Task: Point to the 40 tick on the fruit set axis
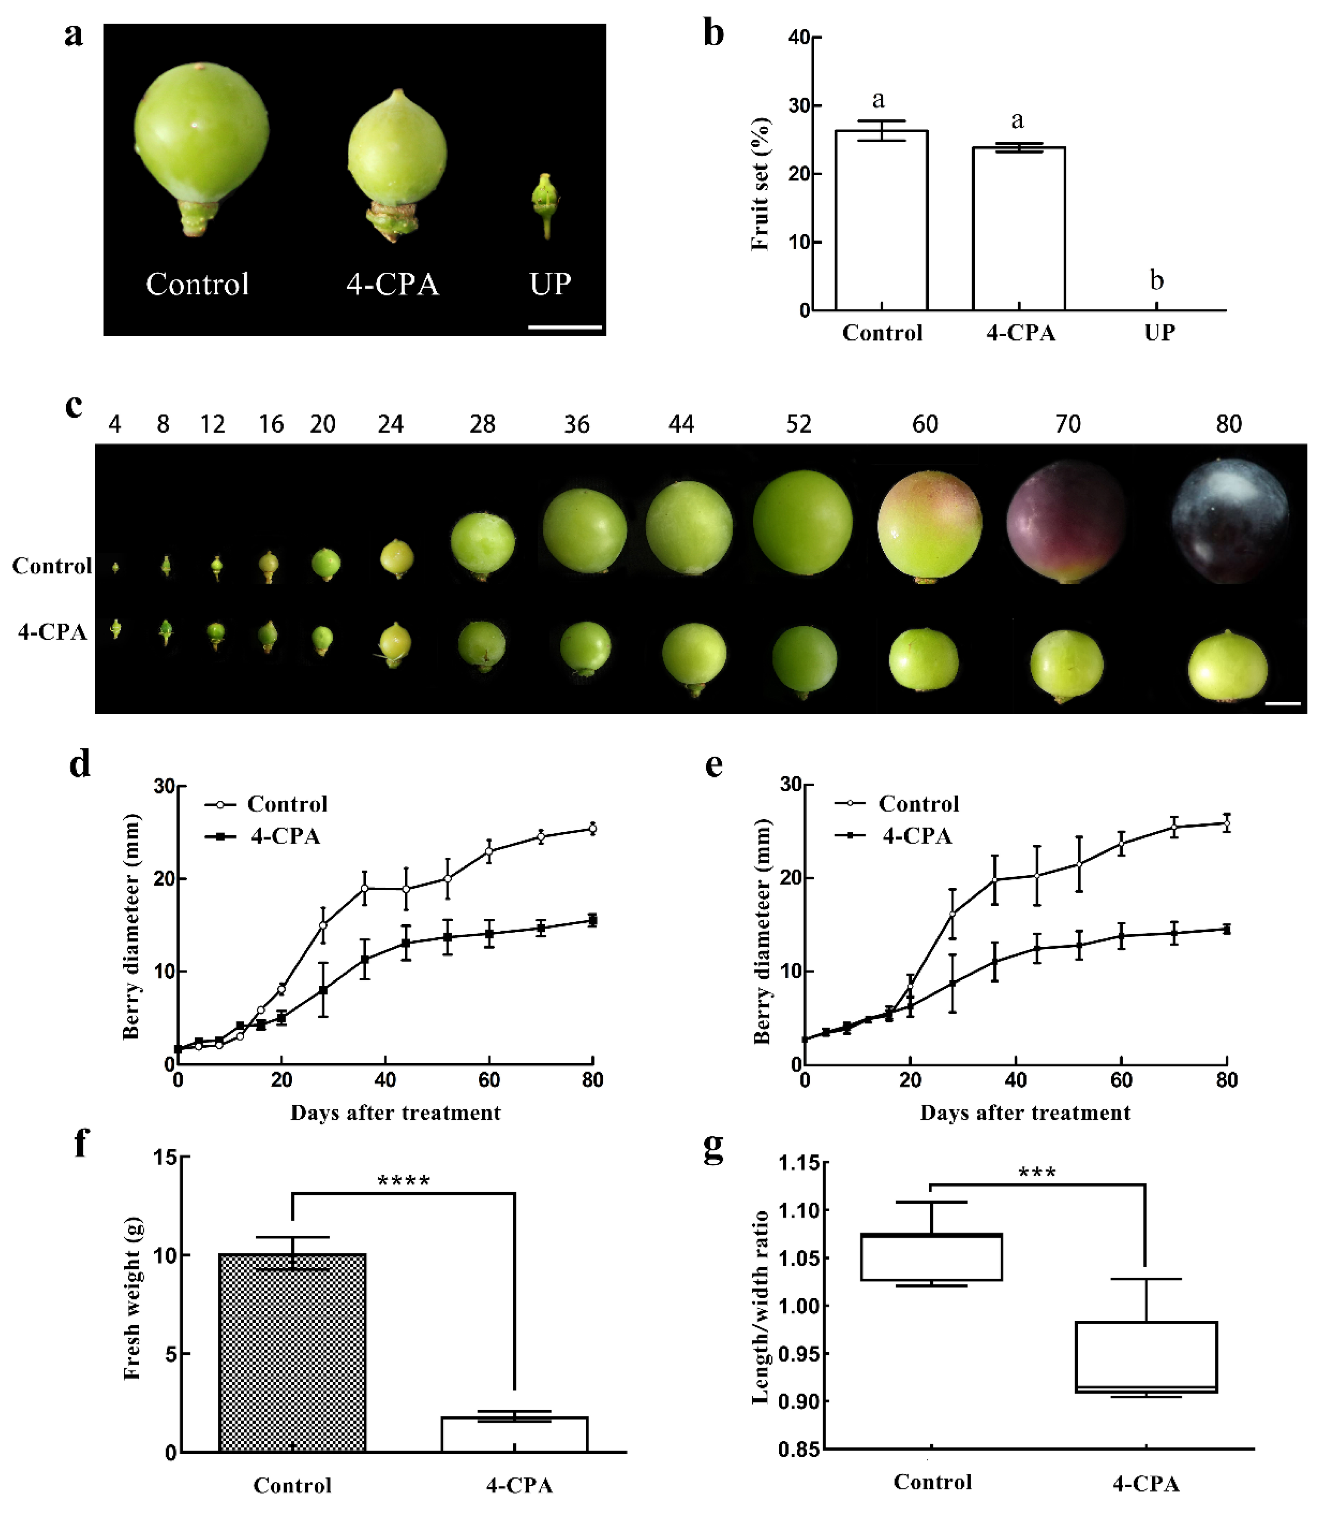coord(799,38)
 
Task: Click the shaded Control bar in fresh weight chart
coord(293,1353)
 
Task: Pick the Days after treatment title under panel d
coord(395,1112)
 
